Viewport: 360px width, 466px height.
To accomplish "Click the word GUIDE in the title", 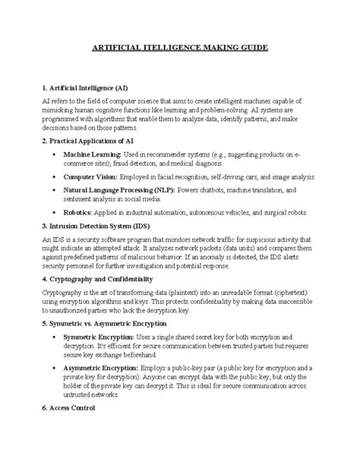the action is (x=251, y=48).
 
